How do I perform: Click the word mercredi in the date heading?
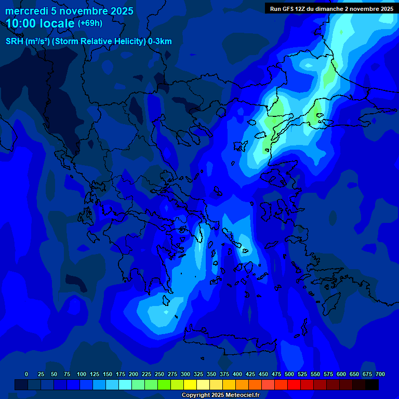tap(26, 11)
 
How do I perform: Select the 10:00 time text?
tap(23, 23)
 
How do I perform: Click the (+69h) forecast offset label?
tap(90, 23)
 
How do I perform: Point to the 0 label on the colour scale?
tap(26, 374)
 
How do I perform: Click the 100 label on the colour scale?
tap(82, 374)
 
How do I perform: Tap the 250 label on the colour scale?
tap(159, 374)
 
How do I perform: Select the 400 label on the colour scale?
tap(237, 374)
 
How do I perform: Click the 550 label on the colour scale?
tap(315, 374)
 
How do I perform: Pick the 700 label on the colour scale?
tap(380, 374)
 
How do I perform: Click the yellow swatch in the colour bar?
tap(190, 384)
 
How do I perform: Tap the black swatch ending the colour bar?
tap(372, 384)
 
